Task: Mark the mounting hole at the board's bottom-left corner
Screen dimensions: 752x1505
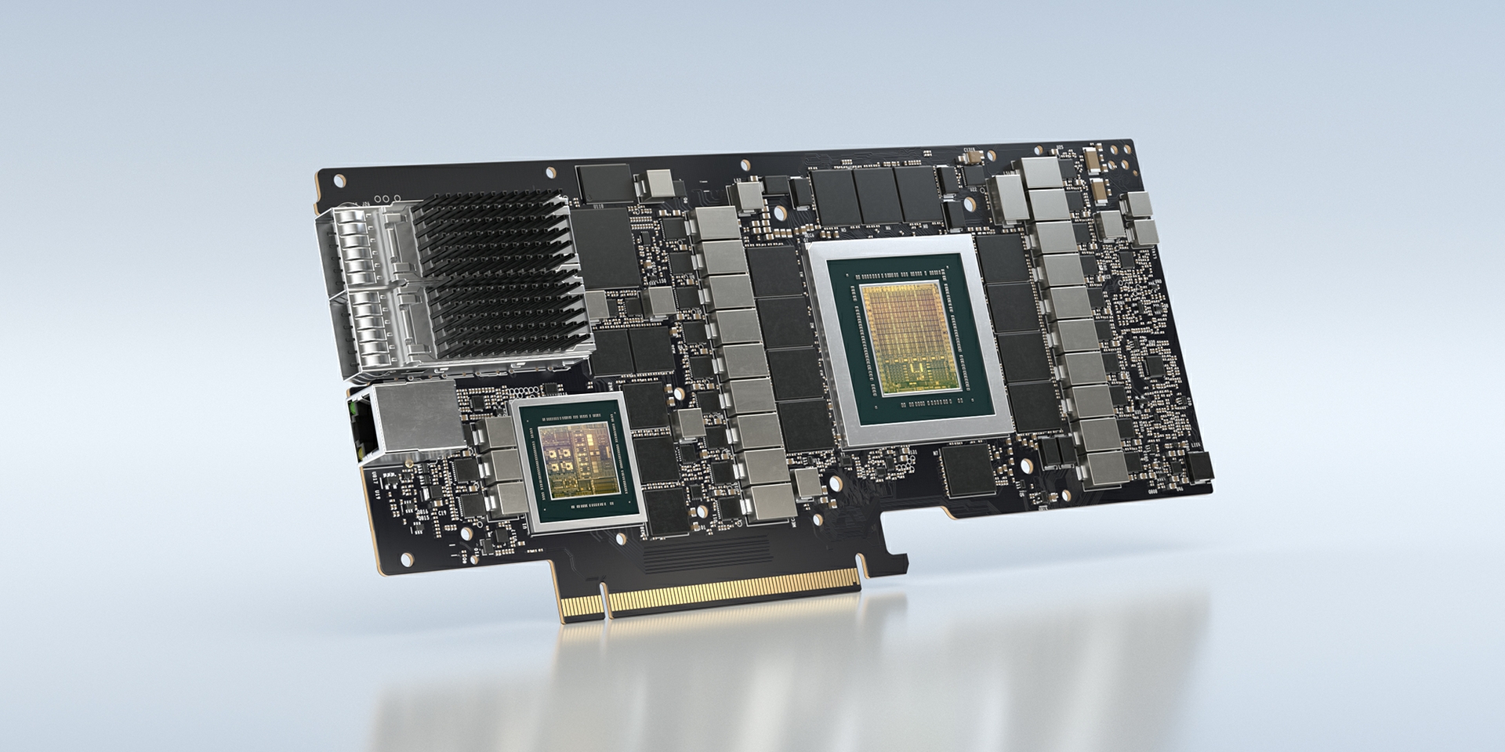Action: [x=406, y=558]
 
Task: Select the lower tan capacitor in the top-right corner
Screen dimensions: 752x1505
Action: [x=1101, y=190]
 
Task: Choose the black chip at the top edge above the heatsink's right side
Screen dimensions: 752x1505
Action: [x=602, y=183]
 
